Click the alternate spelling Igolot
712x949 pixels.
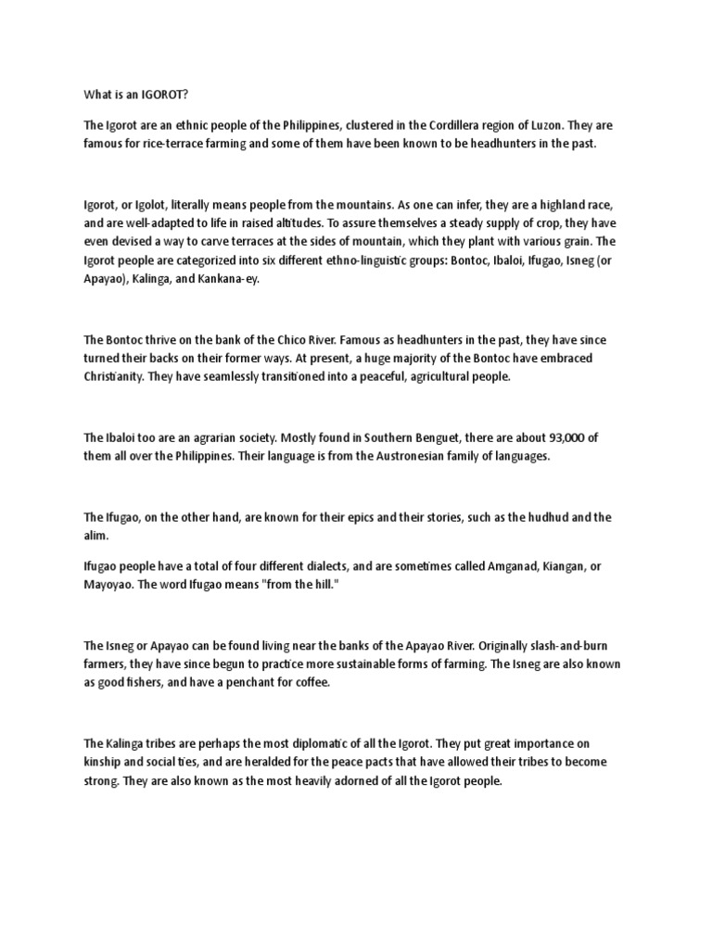(155, 205)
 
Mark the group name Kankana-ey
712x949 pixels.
(231, 279)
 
